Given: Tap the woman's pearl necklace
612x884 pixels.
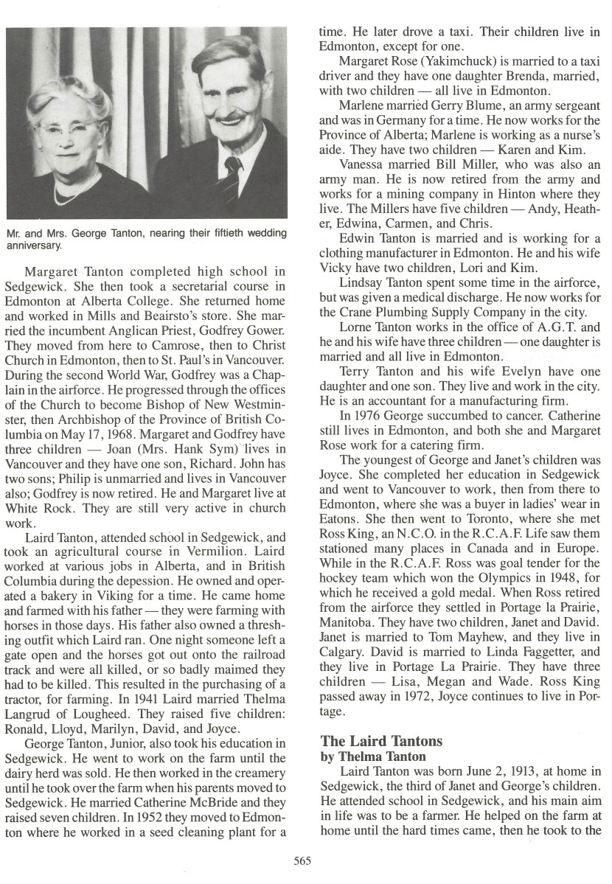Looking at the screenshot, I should pos(70,194).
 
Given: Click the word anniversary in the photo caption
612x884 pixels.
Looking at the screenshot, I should pos(34,246).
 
